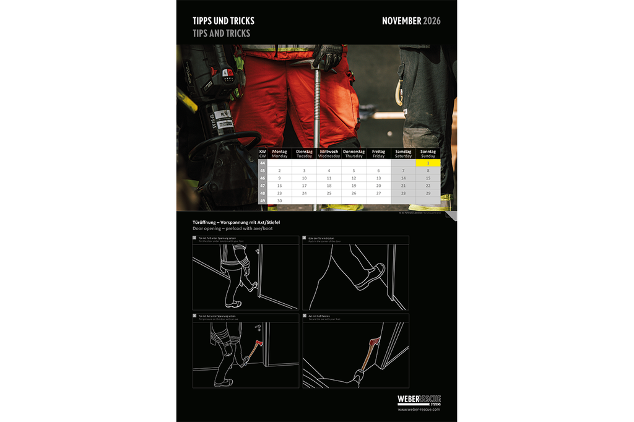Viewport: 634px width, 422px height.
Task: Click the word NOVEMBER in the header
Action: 401,21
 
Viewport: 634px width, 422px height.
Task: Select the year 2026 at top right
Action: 432,21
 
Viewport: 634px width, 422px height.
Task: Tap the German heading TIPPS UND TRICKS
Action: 223,21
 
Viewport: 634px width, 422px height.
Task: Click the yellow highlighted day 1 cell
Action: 428,163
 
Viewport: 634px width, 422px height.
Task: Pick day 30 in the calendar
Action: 279,200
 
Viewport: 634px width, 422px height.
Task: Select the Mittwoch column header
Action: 329,153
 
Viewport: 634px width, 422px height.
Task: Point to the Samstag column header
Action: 403,153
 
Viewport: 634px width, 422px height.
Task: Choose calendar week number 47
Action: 263,186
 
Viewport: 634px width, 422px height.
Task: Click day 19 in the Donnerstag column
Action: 354,186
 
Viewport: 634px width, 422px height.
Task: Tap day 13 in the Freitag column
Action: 378,178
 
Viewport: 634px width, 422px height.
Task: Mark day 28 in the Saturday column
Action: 403,193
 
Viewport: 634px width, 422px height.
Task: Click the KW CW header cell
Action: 263,153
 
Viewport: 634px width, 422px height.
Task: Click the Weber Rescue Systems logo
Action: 419,400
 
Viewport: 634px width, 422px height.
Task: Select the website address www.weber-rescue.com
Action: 419,410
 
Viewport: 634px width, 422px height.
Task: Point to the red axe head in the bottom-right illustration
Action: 373,342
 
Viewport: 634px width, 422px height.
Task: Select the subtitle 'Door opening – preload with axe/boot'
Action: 232,228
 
